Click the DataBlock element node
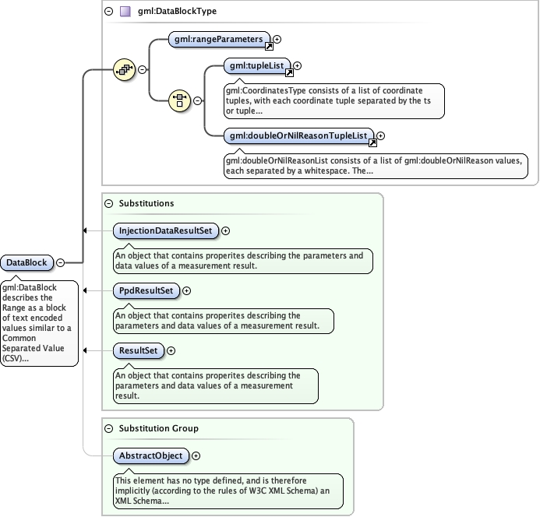click(27, 263)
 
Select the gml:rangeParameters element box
click(218, 38)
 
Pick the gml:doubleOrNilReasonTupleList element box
click(298, 136)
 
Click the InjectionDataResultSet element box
click(165, 230)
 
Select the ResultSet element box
click(138, 350)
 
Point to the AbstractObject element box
click(151, 455)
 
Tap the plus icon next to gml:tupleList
click(297, 66)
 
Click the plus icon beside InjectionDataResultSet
click(226, 230)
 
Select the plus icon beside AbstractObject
click(196, 455)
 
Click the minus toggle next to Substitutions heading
click(108, 203)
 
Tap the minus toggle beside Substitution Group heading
click(108, 428)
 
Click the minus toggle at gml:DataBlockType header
click(108, 12)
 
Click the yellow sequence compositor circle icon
click(125, 69)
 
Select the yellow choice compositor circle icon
click(180, 100)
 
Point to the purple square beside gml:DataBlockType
click(125, 12)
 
